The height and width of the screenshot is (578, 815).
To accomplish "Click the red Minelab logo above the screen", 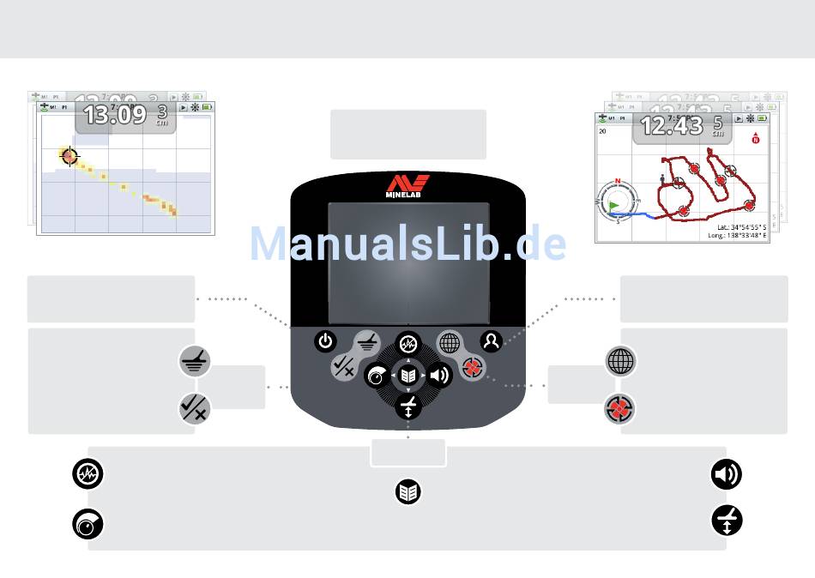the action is pos(407,186).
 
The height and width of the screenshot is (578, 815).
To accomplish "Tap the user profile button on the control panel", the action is pos(491,341).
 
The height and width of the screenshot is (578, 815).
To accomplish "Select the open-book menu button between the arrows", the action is pos(408,376).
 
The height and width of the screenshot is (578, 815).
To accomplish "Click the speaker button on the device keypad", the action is pos(439,376).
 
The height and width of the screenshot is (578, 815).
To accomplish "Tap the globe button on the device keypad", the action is pos(450,344).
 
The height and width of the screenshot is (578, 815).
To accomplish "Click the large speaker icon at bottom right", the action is pos(727,474).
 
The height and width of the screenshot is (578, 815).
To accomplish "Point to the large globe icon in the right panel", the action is pos(621,361).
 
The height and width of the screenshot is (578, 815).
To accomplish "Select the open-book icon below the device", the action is pos(408,491).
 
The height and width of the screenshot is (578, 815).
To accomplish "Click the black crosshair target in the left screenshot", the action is pos(69,156).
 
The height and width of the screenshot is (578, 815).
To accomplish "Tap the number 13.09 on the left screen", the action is pos(114,115).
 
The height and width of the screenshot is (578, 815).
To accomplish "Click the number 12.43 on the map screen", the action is pos(672,126).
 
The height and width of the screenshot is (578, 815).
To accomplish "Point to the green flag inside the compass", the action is pos(613,206).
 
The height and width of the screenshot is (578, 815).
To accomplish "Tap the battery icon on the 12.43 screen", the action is pos(762,118).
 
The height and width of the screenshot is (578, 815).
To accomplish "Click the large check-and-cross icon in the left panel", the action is pos(194,408).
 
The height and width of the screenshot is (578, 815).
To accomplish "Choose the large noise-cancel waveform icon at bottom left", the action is pos(88,474).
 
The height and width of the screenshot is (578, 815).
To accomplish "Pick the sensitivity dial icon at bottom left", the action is pos(88,525).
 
